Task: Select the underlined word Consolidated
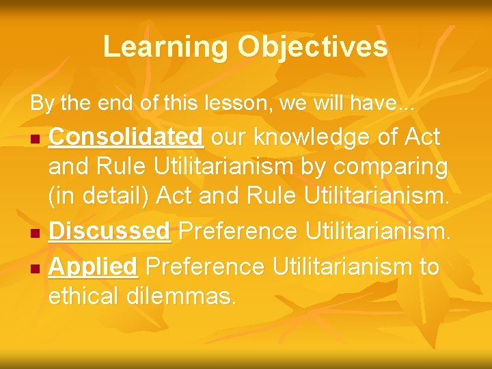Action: click(x=126, y=137)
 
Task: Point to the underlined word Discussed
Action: click(x=109, y=232)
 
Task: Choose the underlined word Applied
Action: click(x=94, y=266)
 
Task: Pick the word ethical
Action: click(x=84, y=297)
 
